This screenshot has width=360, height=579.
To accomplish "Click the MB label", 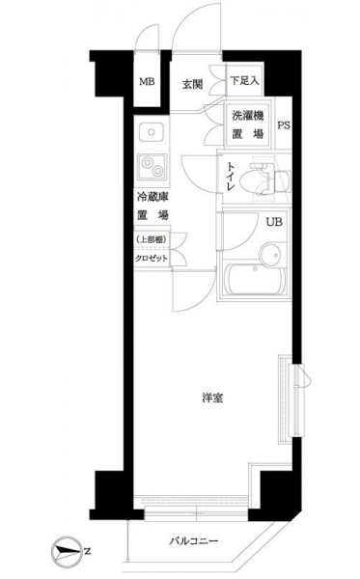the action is coord(147,82).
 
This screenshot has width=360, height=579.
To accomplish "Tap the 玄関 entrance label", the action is coord(192,85).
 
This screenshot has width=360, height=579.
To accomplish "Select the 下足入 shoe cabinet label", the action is coord(244,80).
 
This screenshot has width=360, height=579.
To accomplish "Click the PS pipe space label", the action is coord(284,125).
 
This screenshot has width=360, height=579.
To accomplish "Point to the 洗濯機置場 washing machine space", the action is coord(248,124).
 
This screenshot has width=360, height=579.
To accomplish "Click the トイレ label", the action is coord(230,177).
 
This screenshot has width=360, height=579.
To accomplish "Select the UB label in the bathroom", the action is coord(274,222).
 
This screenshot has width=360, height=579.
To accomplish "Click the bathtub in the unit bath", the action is coord(255,280).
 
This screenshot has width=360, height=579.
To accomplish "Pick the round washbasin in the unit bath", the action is coord(272,254).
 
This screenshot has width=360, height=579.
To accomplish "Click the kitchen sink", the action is coord(151,132).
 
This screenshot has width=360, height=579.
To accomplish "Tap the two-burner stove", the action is coord(152,167).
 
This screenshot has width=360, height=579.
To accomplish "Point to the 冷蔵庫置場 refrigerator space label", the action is coord(152,207).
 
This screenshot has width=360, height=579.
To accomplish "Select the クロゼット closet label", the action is coord(151,259).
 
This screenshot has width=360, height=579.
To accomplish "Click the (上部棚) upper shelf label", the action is coord(151,239).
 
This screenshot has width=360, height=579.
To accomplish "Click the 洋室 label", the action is coord(212,398).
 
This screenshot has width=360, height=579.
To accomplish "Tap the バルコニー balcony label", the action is coord(194,541).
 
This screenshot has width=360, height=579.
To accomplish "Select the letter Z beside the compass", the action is coord(87,552).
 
